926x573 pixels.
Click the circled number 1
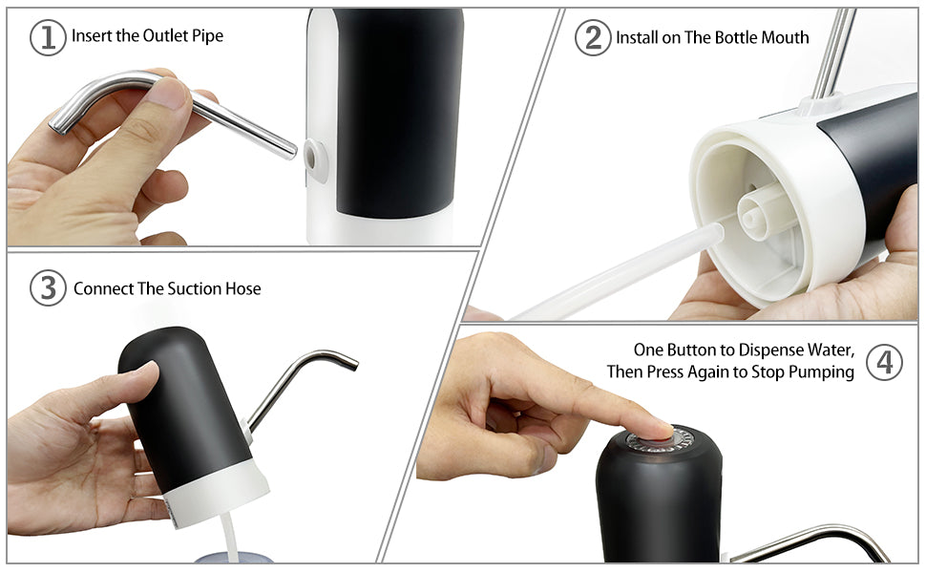point(48,38)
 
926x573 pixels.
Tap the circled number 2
point(593,38)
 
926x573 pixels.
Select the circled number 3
point(48,288)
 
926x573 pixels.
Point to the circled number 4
point(884,362)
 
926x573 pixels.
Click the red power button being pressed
point(661,438)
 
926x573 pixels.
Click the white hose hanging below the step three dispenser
point(228,538)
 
